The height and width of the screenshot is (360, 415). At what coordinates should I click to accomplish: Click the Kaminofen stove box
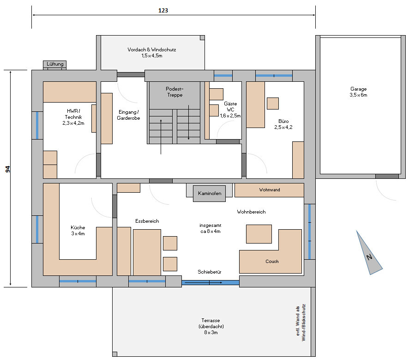pyautogui.click(x=209, y=193)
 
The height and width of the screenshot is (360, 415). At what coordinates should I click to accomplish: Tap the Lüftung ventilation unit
pyautogui.click(x=55, y=64)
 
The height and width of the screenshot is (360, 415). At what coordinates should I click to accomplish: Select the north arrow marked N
pyautogui.click(x=369, y=254)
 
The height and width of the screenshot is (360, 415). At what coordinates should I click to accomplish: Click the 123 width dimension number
pyautogui.click(x=163, y=10)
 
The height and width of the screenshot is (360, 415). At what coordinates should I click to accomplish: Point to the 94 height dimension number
pyautogui.click(x=8, y=169)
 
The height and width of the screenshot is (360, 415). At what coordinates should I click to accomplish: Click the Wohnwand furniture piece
pyautogui.click(x=269, y=190)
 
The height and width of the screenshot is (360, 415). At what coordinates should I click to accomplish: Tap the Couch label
pyautogui.click(x=272, y=262)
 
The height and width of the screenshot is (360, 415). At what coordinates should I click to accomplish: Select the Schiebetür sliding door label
pyautogui.click(x=210, y=272)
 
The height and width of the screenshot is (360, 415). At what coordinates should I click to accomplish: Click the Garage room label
pyautogui.click(x=358, y=92)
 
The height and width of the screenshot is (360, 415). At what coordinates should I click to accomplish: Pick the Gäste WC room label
pyautogui.click(x=230, y=110)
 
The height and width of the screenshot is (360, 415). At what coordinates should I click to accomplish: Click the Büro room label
pyautogui.click(x=283, y=124)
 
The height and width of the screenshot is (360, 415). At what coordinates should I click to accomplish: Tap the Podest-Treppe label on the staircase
pyautogui.click(x=174, y=92)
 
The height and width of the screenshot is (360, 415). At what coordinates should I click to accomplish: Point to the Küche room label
pyautogui.click(x=78, y=231)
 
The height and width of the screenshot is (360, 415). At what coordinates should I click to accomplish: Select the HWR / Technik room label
pyautogui.click(x=73, y=117)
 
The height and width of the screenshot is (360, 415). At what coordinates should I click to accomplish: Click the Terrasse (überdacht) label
pyautogui.click(x=211, y=326)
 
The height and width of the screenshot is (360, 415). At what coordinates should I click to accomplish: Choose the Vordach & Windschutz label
pyautogui.click(x=152, y=52)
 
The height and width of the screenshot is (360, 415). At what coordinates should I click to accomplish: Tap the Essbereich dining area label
pyautogui.click(x=147, y=221)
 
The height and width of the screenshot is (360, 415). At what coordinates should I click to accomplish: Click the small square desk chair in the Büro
pyautogui.click(x=273, y=104)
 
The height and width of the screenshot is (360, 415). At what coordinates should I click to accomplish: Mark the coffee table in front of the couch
pyautogui.click(x=259, y=234)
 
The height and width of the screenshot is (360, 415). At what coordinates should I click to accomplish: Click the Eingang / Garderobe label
pyautogui.click(x=128, y=115)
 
